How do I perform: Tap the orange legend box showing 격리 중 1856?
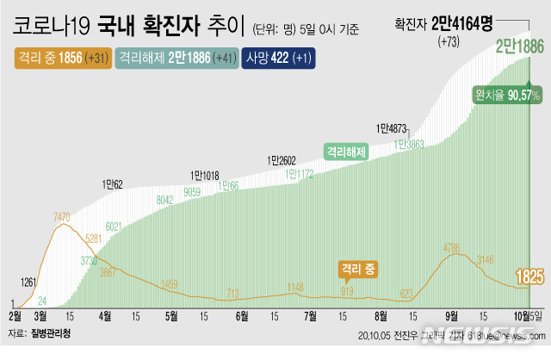62,57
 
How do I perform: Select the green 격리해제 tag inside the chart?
346,151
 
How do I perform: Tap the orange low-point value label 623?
406,292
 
